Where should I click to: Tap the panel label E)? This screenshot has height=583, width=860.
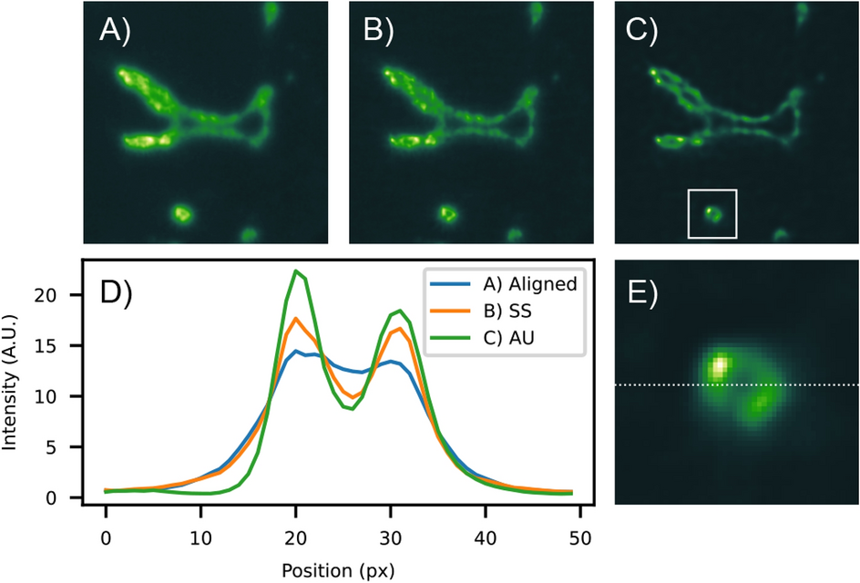(644, 291)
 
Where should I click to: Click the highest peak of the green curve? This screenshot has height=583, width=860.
(296, 271)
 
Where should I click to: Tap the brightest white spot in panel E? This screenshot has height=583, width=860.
(720, 366)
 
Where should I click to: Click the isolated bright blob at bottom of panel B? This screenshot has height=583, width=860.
(447, 214)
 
